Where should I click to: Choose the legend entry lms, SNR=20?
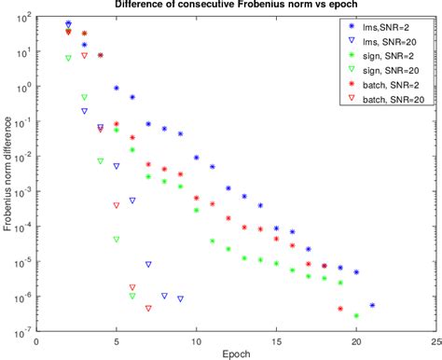(x=384, y=43)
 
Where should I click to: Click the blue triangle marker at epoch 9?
(x=180, y=298)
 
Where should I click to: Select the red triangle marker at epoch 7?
(x=148, y=308)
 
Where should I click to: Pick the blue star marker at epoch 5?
(x=117, y=89)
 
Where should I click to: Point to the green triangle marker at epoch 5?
(x=117, y=239)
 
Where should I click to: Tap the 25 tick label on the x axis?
(x=435, y=340)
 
